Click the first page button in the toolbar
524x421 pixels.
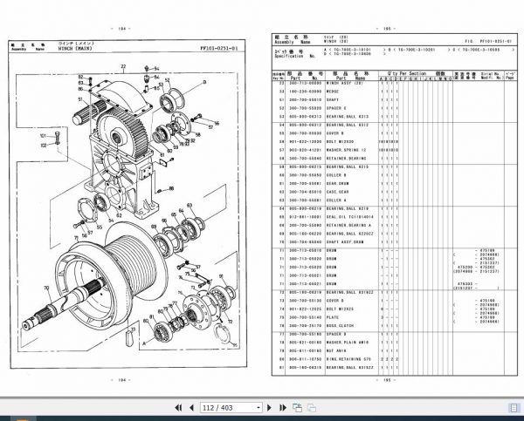[x=179, y=407]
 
